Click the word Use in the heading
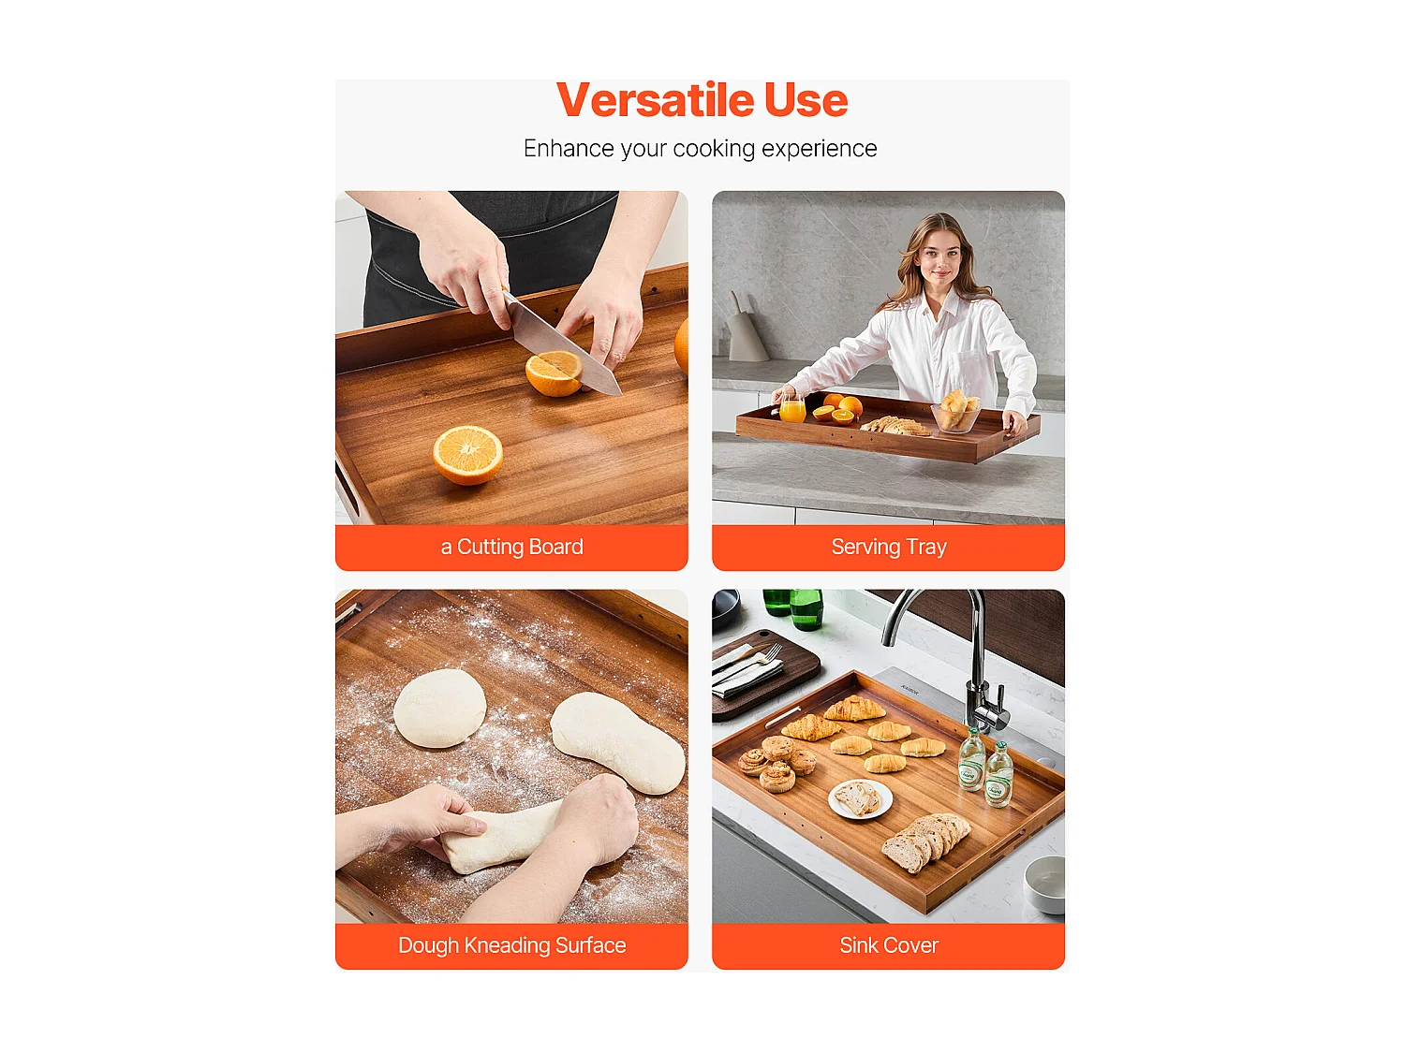point(806,101)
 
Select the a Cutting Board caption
point(511,548)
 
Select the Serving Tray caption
point(888,548)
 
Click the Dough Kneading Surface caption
point(511,945)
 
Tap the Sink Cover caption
point(888,945)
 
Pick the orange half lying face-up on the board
point(467,454)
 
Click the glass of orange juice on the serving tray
point(792,408)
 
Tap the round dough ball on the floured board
point(439,709)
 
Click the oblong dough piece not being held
point(617,743)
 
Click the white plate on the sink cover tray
point(860,799)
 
